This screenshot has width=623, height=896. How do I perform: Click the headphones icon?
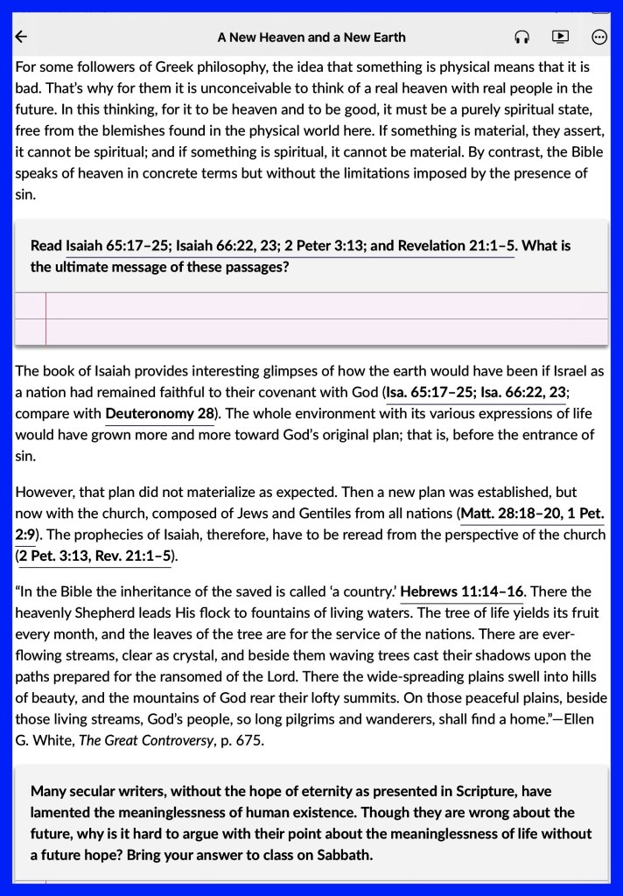pyautogui.click(x=522, y=37)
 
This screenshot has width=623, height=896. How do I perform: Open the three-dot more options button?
pyautogui.click(x=599, y=37)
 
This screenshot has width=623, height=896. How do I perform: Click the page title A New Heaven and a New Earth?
pyautogui.click(x=311, y=38)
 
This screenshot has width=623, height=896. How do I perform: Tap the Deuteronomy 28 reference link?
pyautogui.click(x=160, y=413)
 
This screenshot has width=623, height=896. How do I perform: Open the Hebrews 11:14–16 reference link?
pyautogui.click(x=461, y=592)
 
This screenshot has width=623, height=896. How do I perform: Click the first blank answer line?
pyautogui.click(x=324, y=305)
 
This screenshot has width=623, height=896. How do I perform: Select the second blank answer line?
pyautogui.click(x=324, y=332)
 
